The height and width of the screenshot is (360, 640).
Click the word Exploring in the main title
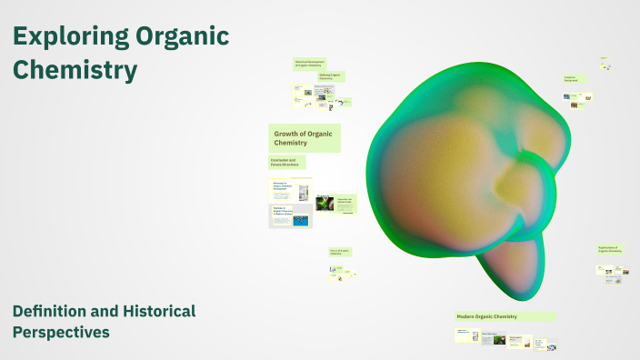[69, 36]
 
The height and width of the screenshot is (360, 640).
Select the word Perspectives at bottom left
[61, 333]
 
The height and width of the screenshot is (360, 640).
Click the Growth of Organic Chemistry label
[304, 138]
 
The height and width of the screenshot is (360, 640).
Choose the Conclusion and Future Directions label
[286, 162]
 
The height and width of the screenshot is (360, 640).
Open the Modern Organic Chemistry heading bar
[505, 316]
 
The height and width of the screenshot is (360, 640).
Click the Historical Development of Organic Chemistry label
[308, 64]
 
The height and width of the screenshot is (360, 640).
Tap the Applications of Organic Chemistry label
[610, 249]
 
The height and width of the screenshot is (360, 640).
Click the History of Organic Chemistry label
[339, 252]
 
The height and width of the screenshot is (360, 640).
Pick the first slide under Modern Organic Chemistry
[466, 335]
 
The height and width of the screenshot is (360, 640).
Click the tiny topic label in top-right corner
[604, 60]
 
